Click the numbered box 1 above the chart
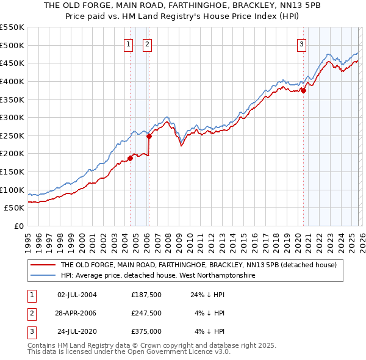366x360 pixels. pyautogui.click(x=129, y=43)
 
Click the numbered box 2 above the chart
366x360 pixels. pyautogui.click(x=148, y=43)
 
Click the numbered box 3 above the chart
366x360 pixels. pyautogui.click(x=302, y=43)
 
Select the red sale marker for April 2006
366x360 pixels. pyautogui.click(x=149, y=137)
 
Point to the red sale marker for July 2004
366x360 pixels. pyautogui.click(x=130, y=158)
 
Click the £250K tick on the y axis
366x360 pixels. pyautogui.click(x=12, y=135)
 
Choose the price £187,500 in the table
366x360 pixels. pyautogui.click(x=146, y=295)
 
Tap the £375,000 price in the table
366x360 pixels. pyautogui.click(x=146, y=333)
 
